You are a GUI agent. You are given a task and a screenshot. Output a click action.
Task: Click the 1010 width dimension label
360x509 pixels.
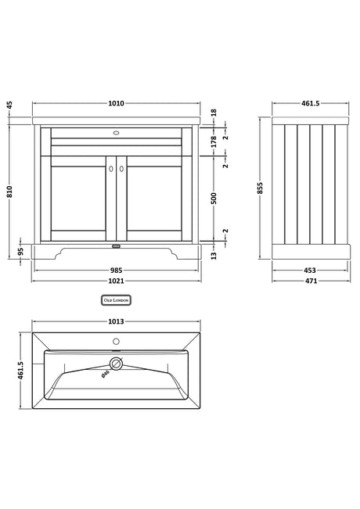point(116,103)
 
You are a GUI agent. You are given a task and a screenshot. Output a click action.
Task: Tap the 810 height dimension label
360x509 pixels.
point(9,192)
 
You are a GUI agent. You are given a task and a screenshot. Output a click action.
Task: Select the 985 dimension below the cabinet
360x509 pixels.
point(116,270)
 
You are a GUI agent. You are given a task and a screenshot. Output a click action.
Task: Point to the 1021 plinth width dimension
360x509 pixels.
point(116,281)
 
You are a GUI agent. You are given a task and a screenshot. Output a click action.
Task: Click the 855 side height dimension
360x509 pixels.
point(260,188)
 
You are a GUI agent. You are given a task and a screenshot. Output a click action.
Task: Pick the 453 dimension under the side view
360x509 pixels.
point(310,270)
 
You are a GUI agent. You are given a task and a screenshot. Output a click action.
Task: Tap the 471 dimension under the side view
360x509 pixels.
point(311,281)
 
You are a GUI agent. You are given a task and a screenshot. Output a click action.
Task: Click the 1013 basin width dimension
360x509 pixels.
point(116,321)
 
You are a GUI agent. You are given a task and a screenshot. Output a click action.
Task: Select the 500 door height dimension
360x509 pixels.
point(214,199)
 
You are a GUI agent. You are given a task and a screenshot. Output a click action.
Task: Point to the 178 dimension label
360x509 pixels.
point(214,142)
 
